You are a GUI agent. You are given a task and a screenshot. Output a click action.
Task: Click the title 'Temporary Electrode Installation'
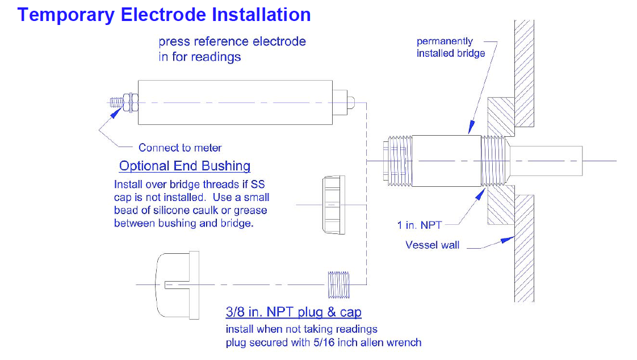(164, 15)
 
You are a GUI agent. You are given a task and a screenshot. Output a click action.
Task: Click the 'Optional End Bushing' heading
(185, 166)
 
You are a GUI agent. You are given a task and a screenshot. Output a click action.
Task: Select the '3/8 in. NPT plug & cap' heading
(294, 312)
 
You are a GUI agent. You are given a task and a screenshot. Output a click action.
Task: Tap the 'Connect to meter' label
(180, 148)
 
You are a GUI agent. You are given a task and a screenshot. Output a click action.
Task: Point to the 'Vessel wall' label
(432, 245)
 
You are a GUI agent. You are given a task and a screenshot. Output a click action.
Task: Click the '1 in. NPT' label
(419, 225)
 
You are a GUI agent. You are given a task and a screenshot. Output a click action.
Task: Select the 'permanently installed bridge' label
(451, 47)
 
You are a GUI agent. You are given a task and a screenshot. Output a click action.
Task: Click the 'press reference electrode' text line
(232, 41)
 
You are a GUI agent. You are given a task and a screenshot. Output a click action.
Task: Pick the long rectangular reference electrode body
(235, 102)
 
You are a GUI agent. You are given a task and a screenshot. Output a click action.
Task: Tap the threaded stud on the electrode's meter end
(116, 102)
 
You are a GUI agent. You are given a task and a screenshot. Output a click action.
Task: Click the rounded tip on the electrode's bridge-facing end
(351, 102)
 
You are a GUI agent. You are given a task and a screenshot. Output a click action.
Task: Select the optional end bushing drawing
(334, 205)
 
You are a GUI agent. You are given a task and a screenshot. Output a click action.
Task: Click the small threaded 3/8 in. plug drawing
(339, 284)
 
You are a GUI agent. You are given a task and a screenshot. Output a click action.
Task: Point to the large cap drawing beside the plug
(178, 285)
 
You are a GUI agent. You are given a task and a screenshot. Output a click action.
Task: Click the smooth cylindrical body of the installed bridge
(446, 161)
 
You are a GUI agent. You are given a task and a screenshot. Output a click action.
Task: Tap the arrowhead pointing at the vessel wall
(508, 240)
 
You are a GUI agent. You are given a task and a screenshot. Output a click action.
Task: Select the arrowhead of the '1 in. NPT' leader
(480, 194)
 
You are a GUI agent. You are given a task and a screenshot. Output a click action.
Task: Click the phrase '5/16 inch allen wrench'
(367, 342)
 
